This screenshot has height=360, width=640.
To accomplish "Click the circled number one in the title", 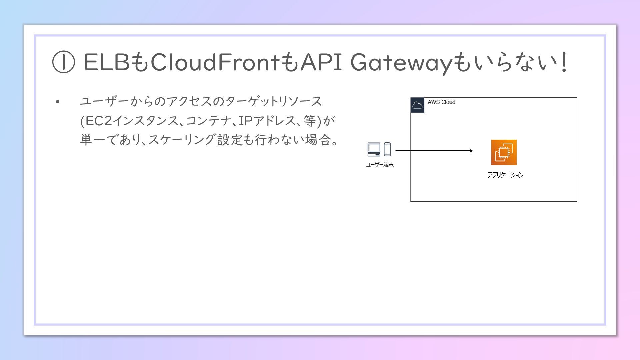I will tap(63, 63).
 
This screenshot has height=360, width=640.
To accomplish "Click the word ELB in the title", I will tap(106, 62).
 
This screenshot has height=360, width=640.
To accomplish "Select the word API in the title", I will tap(321, 62).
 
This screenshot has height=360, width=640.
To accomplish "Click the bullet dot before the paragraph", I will tap(58, 102).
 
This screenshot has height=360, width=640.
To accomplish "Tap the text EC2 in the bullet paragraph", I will tap(97, 121).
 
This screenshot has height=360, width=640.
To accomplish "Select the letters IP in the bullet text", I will tap(245, 121).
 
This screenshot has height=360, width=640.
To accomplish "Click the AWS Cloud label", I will tap(441, 102).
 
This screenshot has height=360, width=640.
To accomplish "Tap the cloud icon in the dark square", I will tap(417, 105).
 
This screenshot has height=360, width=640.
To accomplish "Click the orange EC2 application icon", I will tap(504, 152).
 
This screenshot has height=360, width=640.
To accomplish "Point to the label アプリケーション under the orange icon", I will tap(505, 175).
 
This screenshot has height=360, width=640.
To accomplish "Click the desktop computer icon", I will tap(374, 149).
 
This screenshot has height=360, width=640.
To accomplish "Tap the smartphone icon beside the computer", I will tap(387, 149).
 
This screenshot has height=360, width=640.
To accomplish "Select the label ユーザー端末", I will tap(380, 165).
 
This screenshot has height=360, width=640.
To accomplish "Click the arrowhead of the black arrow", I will tap(471, 151).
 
